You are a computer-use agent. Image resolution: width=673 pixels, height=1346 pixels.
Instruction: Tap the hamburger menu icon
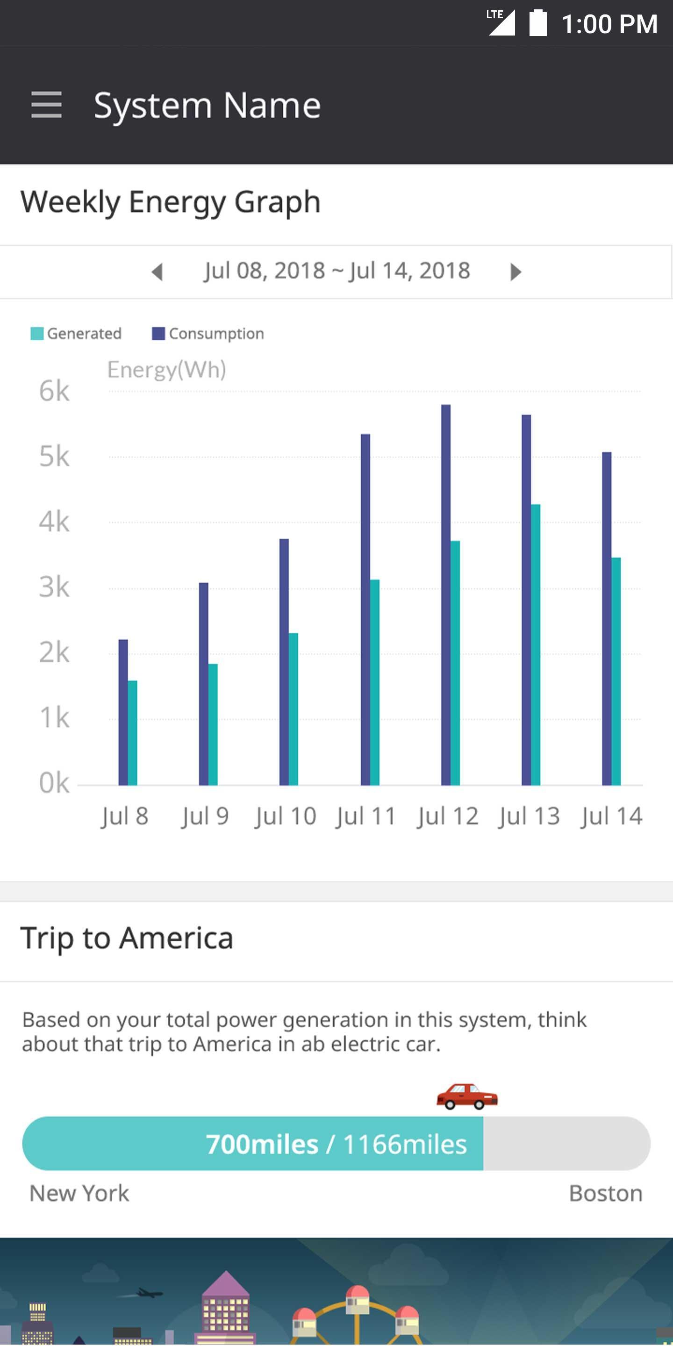coord(47,105)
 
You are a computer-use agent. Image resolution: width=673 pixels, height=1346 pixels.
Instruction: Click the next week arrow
coord(515,272)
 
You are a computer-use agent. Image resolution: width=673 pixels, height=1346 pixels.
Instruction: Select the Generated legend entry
coord(76,333)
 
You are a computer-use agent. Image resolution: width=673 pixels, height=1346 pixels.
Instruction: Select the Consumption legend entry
coord(208,333)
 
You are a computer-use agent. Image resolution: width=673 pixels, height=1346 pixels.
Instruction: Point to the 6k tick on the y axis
coord(54,391)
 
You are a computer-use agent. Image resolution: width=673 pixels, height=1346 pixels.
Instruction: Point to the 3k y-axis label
coord(54,587)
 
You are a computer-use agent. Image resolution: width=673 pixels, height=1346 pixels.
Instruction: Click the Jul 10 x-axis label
coord(285,816)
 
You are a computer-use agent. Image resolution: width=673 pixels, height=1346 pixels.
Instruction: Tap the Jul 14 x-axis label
coord(611,816)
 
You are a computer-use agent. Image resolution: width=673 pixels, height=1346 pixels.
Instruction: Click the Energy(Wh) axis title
coord(167,370)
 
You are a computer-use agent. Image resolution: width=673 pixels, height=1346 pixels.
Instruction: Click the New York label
coord(79,1194)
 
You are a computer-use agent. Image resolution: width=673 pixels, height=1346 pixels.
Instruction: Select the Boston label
coord(606,1194)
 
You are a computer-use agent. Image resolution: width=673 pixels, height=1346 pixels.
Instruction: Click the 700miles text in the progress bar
coord(262,1144)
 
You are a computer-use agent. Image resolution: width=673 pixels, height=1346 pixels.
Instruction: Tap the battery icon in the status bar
coord(537,23)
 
